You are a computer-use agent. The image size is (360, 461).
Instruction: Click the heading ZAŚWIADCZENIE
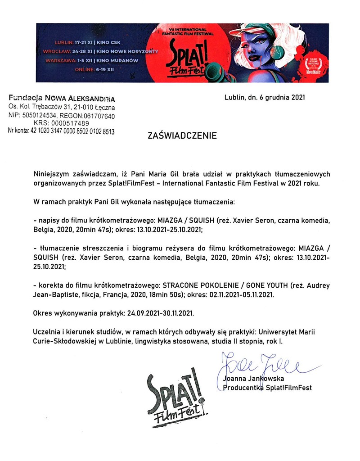(x=182, y=135)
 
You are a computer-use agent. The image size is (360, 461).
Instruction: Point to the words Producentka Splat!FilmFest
(x=267, y=387)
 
